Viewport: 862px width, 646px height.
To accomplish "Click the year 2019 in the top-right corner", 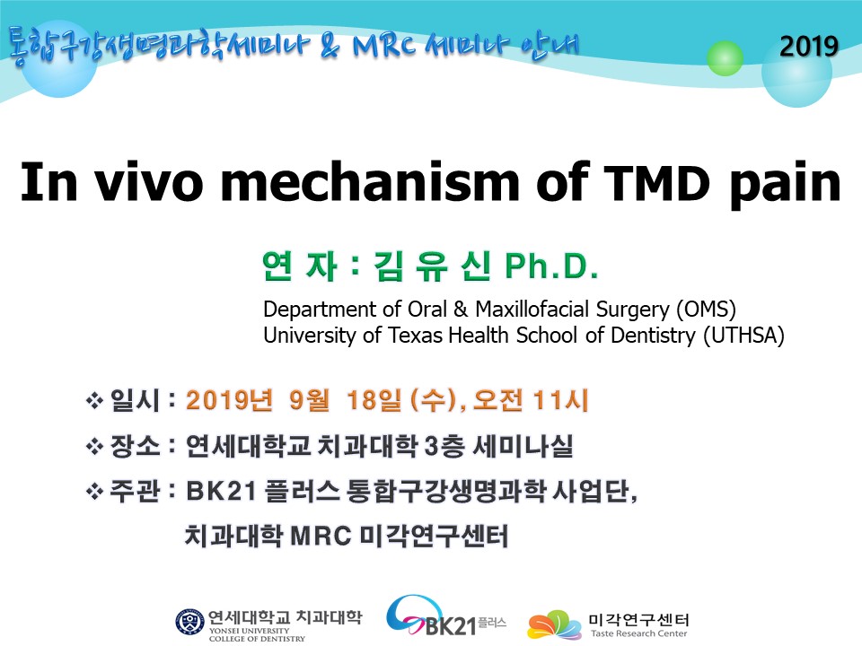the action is (809, 46).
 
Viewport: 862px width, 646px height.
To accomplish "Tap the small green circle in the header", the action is (725, 57).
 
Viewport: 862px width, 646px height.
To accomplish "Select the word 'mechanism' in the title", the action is (369, 182).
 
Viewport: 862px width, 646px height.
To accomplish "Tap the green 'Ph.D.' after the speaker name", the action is (551, 266).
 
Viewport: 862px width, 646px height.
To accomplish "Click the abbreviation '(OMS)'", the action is (706, 310).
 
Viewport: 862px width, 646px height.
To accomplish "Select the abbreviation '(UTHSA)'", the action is (743, 335).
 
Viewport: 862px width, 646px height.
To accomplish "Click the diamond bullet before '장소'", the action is (94, 446).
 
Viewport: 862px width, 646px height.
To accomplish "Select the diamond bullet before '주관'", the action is (94, 491).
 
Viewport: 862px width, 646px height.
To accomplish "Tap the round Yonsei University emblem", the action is (189, 623).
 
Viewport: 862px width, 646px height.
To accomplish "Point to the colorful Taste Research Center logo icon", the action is (554, 625).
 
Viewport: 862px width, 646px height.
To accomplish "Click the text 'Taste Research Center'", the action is (638, 633).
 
